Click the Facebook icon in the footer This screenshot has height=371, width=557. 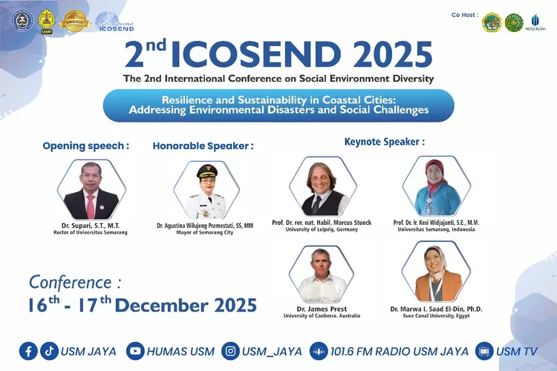[x=28, y=351]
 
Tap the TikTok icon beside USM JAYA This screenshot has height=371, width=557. [x=49, y=351]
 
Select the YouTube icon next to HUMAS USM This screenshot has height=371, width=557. [x=135, y=351]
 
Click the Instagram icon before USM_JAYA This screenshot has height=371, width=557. [x=232, y=351]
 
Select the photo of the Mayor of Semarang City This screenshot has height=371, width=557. [x=204, y=190]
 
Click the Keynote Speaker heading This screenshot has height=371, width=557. [x=384, y=141]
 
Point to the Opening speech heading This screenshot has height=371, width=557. [x=85, y=145]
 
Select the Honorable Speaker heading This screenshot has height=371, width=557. [x=203, y=145]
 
